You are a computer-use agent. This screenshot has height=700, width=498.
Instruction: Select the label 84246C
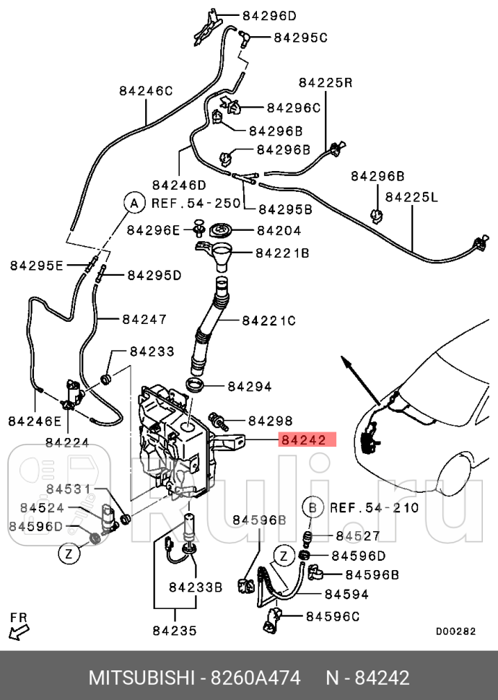pos(146,91)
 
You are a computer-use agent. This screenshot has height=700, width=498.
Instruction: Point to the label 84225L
pos(411,196)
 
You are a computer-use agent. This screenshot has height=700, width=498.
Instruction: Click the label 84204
pos(279,231)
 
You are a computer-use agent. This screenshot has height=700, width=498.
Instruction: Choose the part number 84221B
pos(282,253)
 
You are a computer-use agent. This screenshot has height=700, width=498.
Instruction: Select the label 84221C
pos(268,320)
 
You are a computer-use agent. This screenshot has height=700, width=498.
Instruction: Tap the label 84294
pos(250,387)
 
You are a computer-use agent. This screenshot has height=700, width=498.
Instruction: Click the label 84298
pos(270,421)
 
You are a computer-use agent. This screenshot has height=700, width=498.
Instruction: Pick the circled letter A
pos(133,204)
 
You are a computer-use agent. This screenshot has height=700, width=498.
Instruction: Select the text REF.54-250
pos(195,204)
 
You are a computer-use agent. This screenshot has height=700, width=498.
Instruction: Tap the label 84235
pos(174,631)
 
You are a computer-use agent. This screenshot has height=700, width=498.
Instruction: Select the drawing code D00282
pos(455,630)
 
